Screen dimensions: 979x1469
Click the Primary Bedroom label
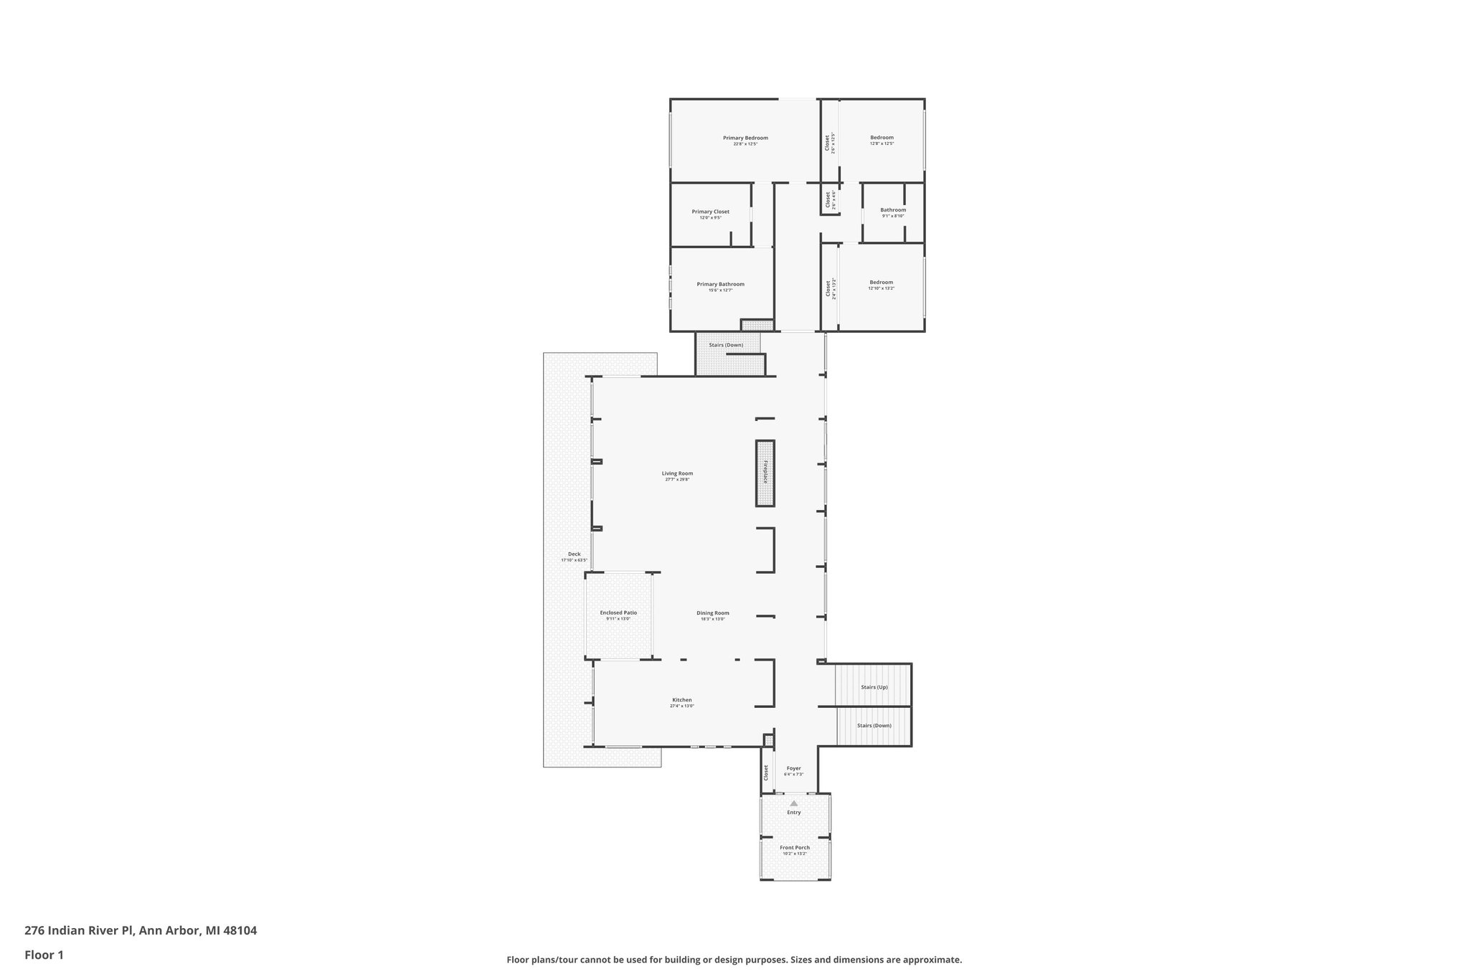745,138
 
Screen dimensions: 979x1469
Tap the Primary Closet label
710,212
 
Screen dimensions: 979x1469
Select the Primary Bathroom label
720,284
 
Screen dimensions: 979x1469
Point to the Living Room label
677,473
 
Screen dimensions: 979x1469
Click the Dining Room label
712,613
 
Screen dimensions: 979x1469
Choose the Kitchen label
681,700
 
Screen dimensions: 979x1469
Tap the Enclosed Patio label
618,613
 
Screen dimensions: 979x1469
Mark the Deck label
574,554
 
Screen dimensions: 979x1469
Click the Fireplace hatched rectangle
765,473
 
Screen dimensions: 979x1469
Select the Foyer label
793,768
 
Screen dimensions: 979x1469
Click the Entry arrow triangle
793,803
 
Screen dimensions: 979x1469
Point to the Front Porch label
795,848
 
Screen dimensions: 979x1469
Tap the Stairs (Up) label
874,687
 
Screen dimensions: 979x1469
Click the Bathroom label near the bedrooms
893,210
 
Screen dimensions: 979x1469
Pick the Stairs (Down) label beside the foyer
874,725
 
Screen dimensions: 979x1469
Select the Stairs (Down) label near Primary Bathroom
726,345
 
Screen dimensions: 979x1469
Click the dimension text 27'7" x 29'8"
677,480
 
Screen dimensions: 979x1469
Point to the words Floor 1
44,955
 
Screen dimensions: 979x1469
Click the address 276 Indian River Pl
79,931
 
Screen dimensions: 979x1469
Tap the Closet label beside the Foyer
766,772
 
